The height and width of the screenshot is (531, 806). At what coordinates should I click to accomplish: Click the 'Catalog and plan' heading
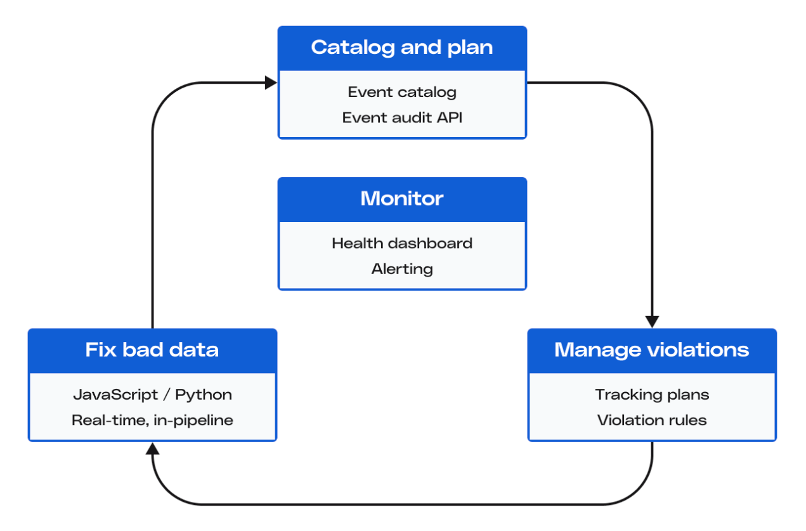tap(402, 48)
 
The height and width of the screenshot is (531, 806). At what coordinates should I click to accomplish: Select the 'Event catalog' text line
tap(402, 92)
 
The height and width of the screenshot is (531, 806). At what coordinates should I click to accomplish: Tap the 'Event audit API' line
tap(402, 117)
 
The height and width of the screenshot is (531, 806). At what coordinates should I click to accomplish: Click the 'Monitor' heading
tap(402, 199)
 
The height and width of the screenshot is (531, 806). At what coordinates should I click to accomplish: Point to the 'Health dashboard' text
tap(402, 243)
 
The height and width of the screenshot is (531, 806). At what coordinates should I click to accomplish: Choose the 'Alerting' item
tap(402, 269)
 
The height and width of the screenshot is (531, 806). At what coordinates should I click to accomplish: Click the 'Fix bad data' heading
tap(152, 350)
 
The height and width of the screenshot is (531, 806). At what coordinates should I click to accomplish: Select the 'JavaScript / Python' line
tap(152, 395)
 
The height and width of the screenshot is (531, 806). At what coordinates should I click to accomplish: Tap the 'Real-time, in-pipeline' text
tap(152, 420)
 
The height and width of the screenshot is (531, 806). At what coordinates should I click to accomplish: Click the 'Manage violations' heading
tap(652, 350)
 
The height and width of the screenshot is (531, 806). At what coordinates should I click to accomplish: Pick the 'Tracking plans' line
tap(652, 395)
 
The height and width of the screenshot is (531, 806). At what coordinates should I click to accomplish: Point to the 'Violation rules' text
tap(652, 420)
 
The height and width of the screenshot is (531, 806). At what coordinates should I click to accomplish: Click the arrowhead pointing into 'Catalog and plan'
tap(271, 82)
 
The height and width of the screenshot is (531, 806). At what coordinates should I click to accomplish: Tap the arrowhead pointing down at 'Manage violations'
tap(652, 321)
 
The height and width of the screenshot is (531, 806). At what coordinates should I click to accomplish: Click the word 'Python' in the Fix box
tap(204, 395)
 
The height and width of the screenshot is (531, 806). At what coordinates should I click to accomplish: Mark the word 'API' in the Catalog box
tap(448, 117)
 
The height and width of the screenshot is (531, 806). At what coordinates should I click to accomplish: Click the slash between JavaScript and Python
tap(166, 395)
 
